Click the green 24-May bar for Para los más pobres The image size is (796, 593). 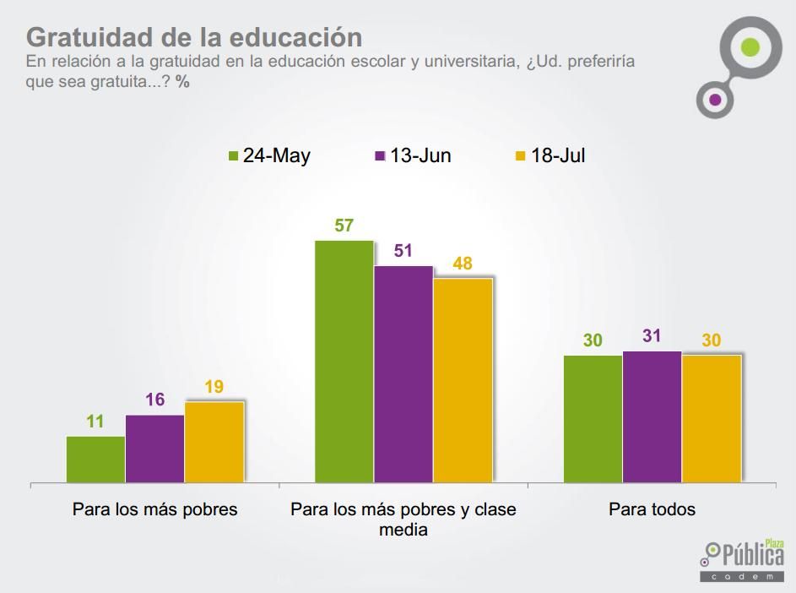96,460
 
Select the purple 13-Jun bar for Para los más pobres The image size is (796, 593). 155,449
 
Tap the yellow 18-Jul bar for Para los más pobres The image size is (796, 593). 214,442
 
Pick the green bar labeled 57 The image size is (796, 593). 344,362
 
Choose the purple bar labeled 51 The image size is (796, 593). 403,374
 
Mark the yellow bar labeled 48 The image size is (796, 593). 463,380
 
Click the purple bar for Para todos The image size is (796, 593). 652,416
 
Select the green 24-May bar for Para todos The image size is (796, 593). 593,419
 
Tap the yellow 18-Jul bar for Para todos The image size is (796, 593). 712,419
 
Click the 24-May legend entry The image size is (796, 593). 269,155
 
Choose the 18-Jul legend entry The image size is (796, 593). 550,155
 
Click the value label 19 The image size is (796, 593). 214,388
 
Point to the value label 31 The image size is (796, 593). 652,336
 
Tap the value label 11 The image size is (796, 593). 95,422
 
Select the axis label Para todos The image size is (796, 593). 652,509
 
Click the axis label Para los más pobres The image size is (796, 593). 155,509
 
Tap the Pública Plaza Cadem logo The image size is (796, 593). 742,560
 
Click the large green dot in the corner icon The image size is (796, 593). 750,46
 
